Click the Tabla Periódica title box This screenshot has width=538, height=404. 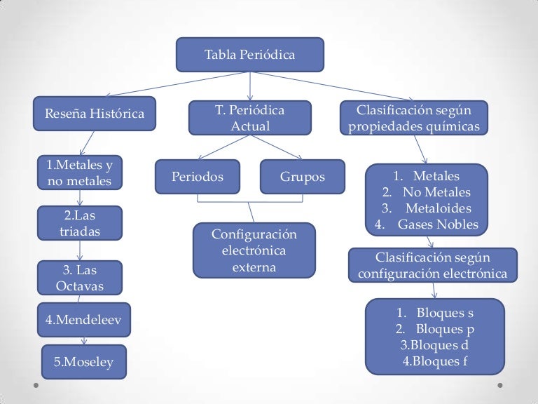[249, 55]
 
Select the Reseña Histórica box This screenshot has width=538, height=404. [95, 114]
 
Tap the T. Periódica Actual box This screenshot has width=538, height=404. [250, 119]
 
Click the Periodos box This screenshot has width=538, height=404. [198, 177]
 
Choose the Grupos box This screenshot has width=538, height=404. [303, 177]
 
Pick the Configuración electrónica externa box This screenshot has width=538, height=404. [254, 250]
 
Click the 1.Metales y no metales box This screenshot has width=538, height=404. [79, 173]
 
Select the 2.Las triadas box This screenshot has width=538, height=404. [79, 223]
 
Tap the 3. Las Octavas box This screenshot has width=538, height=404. [79, 277]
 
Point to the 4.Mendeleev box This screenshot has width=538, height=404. [83, 320]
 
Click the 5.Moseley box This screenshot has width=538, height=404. [83, 362]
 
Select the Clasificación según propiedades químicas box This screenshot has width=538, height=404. [414, 119]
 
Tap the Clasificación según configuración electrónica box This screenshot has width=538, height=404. [432, 265]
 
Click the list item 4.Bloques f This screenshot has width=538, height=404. [435, 361]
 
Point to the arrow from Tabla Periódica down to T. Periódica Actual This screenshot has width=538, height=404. [250, 86]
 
